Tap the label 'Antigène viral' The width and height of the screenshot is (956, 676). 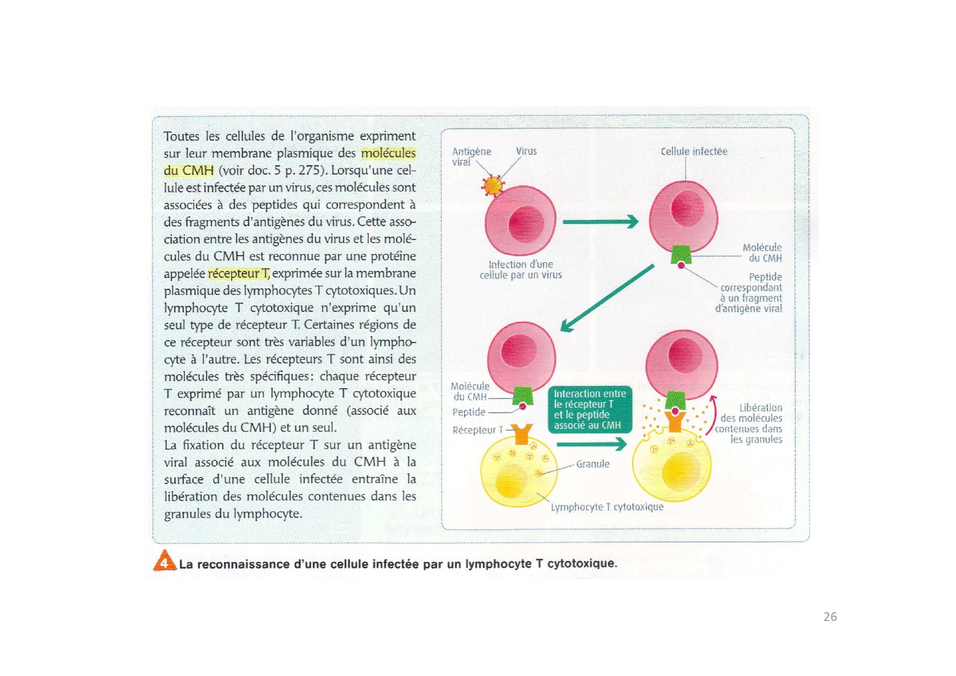(471, 156)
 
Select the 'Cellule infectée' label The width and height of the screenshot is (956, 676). (694, 152)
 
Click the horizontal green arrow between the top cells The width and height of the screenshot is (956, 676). (600, 222)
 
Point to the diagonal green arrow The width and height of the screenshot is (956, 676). (607, 298)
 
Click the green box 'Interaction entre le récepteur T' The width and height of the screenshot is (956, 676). (590, 409)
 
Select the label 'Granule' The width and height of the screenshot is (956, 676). (592, 464)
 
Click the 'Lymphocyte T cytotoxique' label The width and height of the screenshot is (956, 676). (607, 507)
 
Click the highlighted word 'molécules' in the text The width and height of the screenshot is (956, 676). (388, 153)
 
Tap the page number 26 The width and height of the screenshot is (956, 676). (830, 617)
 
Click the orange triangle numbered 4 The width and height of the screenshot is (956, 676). (164, 561)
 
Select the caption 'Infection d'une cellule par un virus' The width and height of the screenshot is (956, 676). (521, 270)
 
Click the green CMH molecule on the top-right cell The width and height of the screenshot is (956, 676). (681, 253)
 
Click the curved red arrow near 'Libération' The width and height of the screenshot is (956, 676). (711, 415)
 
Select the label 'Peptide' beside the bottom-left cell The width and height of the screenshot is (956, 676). (469, 412)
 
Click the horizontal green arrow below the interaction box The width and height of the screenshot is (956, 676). (591, 445)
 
